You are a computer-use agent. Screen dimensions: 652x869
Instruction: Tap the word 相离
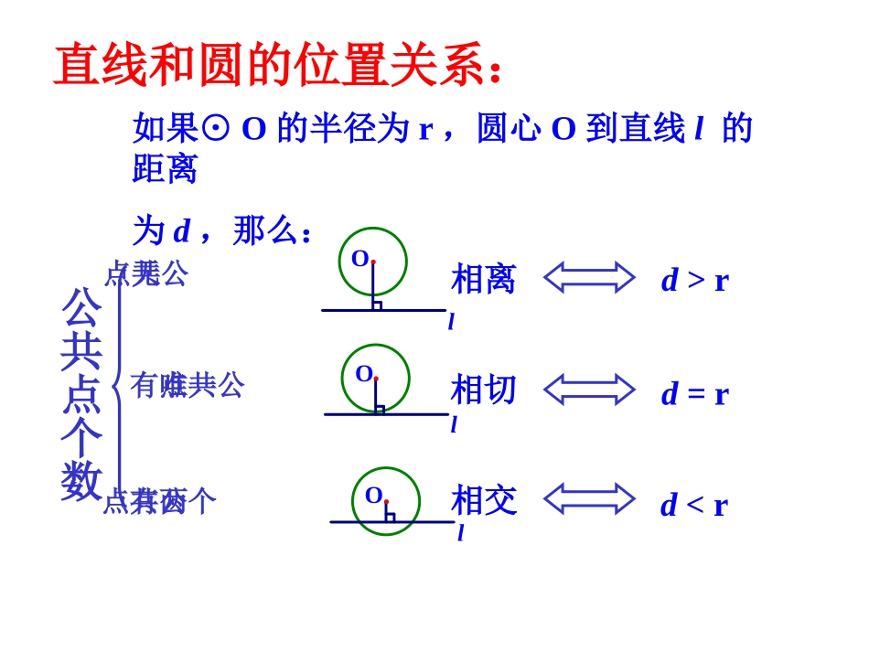click(484, 279)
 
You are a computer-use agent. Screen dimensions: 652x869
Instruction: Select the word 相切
click(484, 390)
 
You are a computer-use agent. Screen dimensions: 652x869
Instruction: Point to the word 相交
click(484, 500)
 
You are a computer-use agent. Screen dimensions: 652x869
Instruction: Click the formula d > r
click(694, 281)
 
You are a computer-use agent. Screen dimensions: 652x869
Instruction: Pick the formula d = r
click(694, 394)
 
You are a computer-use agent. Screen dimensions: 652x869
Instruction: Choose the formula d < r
click(693, 505)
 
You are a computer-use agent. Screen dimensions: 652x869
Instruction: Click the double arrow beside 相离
click(589, 277)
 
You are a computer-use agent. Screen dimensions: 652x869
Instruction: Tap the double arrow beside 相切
click(589, 389)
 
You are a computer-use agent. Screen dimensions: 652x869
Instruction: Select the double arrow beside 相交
click(589, 498)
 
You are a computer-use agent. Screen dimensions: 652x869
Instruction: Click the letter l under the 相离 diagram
click(451, 322)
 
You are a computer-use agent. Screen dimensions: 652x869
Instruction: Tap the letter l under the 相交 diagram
click(460, 533)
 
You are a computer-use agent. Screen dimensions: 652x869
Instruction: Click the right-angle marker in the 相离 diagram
click(377, 305)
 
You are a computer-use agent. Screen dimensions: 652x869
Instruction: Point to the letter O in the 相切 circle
click(363, 373)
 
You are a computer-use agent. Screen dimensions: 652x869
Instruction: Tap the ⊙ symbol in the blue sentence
click(215, 129)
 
